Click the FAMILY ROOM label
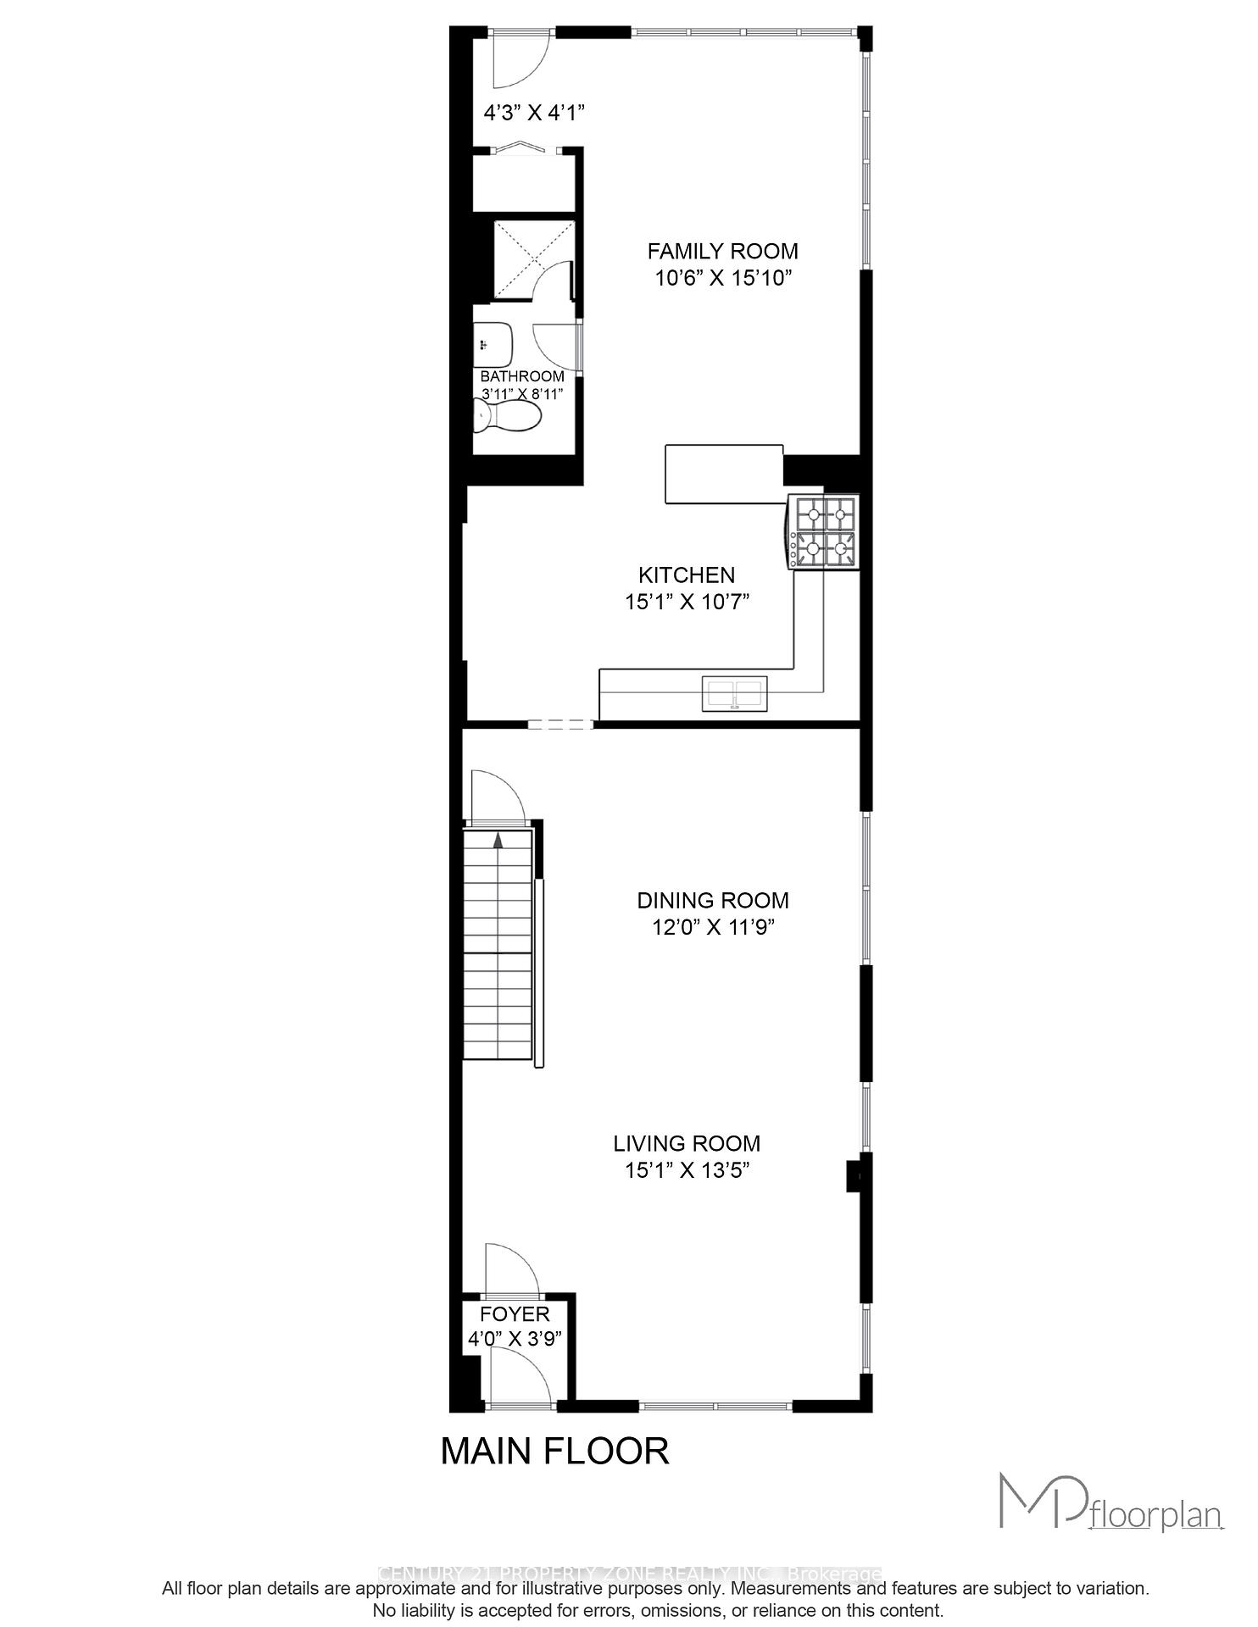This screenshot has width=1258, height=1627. [x=722, y=251]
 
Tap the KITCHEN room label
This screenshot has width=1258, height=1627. [x=687, y=575]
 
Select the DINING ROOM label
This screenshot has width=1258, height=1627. [x=713, y=900]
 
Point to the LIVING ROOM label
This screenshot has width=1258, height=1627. [x=687, y=1143]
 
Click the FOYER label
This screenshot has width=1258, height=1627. [x=515, y=1314]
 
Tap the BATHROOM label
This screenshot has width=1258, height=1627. [x=522, y=376]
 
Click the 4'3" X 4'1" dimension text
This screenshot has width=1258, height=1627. [x=534, y=112]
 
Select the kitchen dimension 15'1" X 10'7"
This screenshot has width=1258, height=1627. [x=687, y=602]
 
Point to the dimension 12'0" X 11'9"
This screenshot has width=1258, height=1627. [x=713, y=927]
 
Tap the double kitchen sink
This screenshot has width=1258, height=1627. [x=734, y=693]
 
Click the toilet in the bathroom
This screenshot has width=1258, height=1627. [x=508, y=416]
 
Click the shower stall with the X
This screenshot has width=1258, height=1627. [x=533, y=258]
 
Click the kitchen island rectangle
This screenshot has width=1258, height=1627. [x=724, y=474]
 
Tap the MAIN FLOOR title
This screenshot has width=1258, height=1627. [x=554, y=1452]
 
